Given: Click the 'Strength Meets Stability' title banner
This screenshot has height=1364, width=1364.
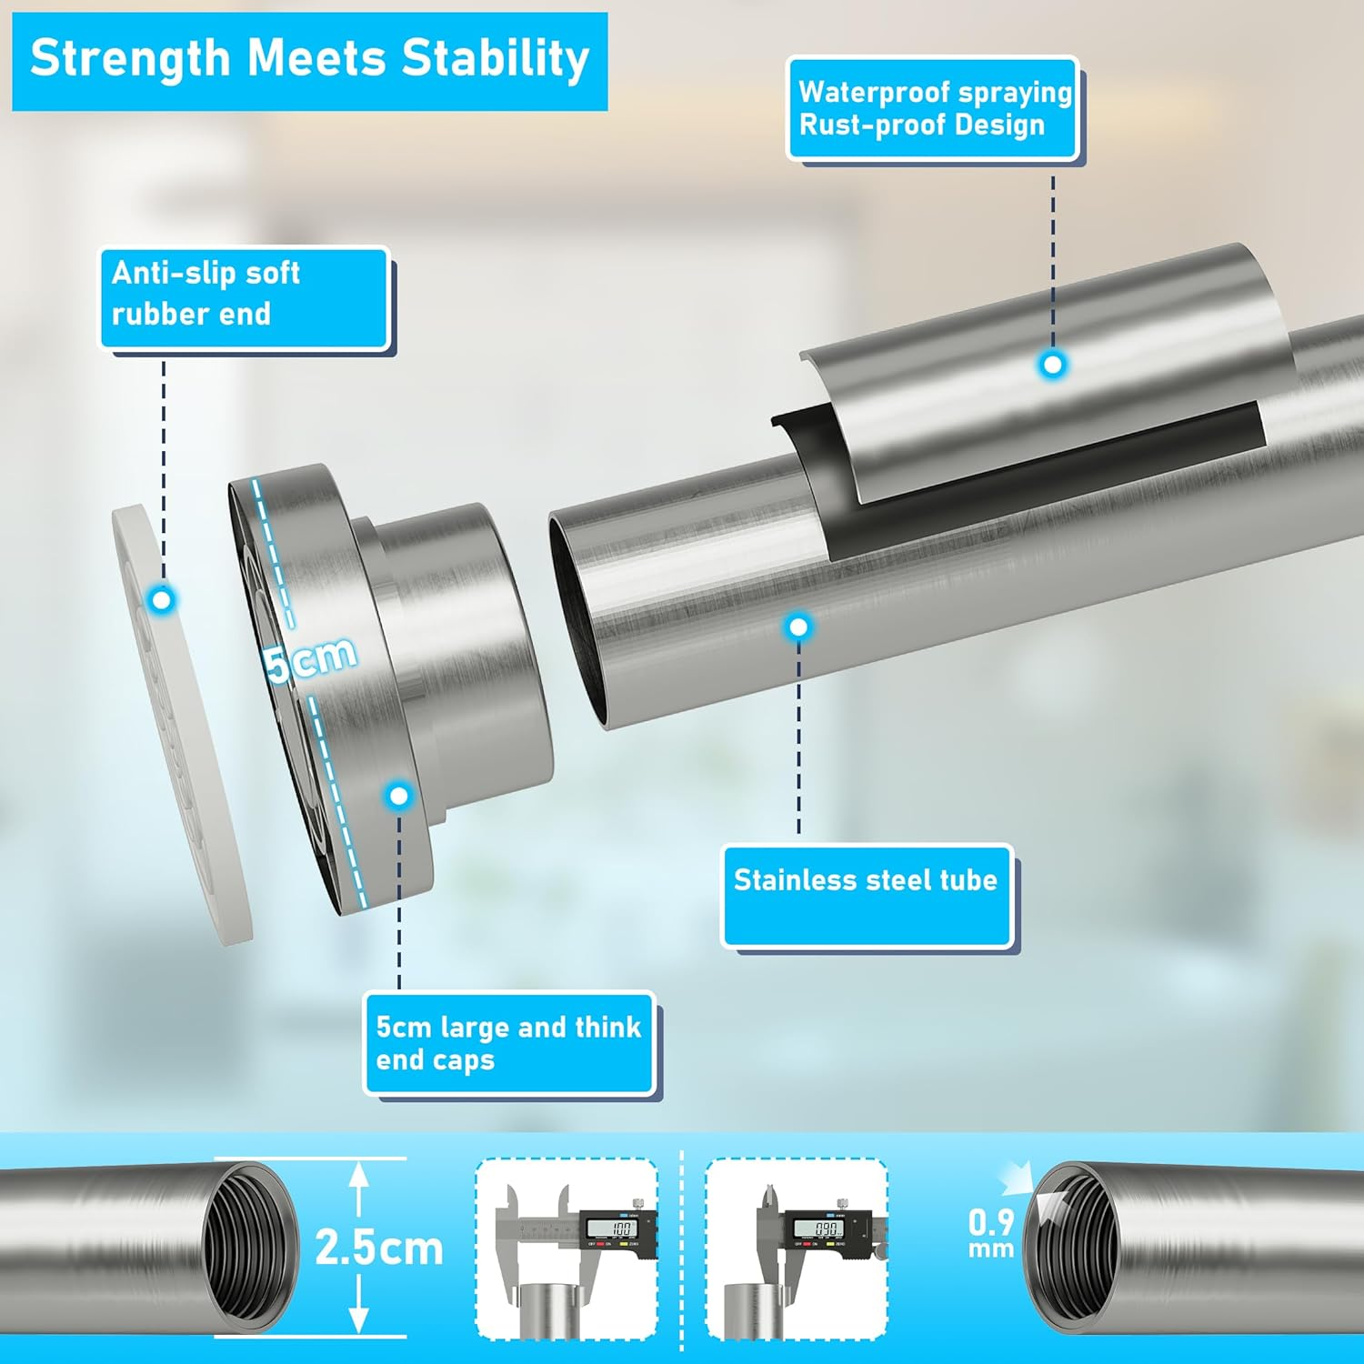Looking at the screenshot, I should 309,61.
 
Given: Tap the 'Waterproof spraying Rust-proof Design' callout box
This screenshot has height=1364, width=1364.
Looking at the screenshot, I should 933,109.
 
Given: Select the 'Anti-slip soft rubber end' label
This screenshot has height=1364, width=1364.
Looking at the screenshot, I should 245,297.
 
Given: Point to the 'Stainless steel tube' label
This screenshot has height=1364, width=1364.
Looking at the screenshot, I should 867,896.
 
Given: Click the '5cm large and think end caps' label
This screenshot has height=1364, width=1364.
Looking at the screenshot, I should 509,1043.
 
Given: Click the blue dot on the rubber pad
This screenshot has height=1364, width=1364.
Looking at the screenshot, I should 163,600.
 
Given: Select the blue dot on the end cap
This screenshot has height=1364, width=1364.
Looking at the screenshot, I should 398,796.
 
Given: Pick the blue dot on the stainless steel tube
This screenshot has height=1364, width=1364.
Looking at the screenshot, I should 798,627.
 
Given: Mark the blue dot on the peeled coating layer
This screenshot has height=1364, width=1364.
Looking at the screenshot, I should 1052,365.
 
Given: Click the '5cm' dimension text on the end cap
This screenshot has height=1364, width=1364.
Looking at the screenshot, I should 311,657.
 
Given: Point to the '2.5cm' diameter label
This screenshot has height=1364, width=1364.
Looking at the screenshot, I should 379,1248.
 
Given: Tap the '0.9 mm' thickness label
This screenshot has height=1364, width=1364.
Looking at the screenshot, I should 990,1232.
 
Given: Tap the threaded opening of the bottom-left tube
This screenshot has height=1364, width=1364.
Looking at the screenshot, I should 247,1249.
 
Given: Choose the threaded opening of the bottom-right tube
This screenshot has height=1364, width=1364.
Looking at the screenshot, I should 1073,1249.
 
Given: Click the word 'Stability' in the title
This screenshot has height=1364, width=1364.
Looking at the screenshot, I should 496,59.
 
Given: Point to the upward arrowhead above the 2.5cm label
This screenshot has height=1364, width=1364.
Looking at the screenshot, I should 359,1175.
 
